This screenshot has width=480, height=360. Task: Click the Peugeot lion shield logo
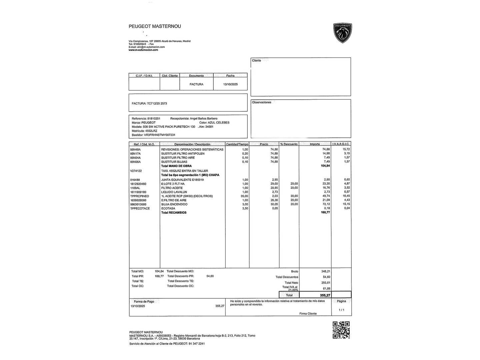(342, 33)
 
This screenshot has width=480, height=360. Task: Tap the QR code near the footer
(341, 330)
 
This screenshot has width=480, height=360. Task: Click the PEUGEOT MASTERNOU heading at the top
(155, 26)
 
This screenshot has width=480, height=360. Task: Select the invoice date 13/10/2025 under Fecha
(230, 84)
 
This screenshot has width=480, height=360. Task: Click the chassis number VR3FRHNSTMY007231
(159, 135)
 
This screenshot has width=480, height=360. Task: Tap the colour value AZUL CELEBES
(218, 123)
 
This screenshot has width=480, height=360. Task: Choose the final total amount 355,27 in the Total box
(325, 295)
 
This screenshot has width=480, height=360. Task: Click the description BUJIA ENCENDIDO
(174, 204)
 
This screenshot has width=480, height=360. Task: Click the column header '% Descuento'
(289, 144)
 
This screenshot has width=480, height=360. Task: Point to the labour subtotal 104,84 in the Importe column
(325, 166)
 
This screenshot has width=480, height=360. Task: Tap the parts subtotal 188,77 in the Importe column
(325, 212)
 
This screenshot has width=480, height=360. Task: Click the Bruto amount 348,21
(326, 271)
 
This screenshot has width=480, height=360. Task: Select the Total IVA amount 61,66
(326, 289)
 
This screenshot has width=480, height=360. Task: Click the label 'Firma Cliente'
(308, 314)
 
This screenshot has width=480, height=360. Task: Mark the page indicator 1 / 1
(341, 310)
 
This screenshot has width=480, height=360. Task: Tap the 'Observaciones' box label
(262, 102)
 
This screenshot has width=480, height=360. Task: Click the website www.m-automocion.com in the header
(143, 50)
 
